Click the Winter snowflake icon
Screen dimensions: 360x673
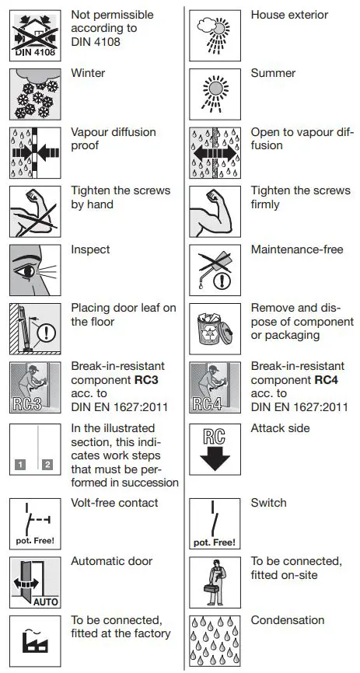[35, 94]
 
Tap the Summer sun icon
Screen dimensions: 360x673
[215, 94]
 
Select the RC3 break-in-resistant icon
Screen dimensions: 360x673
[35, 388]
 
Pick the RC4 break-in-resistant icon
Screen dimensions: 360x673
[215, 388]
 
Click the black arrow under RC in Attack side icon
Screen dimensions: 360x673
[215, 458]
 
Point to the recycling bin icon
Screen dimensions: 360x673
[215, 329]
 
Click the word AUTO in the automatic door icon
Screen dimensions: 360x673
[46, 602]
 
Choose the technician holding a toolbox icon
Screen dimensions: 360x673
[215, 582]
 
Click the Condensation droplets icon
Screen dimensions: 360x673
[215, 641]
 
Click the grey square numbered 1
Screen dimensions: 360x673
[20, 465]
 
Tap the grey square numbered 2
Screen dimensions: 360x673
[47, 465]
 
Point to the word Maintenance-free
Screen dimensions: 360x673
[297, 249]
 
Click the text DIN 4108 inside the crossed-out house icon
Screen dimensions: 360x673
[35, 53]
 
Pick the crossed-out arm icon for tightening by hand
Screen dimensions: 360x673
[35, 211]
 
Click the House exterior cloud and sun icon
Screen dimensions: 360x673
[215, 35]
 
